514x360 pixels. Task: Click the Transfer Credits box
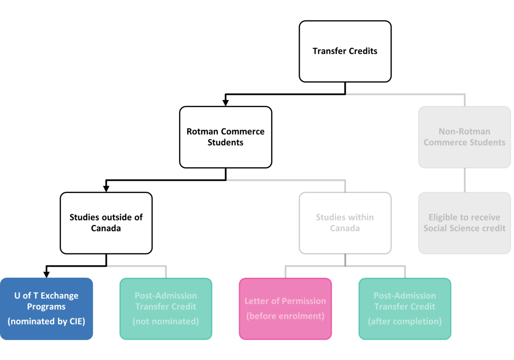345,52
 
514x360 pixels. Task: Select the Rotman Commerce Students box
225,137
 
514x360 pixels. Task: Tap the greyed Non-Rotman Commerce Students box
464,137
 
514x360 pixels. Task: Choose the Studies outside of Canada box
106,223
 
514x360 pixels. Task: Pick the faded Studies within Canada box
345,223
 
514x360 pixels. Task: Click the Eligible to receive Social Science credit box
464,223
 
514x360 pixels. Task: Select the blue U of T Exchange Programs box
47,309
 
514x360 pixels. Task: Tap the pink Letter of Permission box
285,309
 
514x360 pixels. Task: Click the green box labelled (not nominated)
166,309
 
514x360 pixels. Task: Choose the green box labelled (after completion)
405,309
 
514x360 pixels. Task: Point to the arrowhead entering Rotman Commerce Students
225,103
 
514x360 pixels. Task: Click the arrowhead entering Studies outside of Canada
106,189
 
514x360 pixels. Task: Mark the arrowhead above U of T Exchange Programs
47,275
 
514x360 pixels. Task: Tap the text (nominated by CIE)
47,321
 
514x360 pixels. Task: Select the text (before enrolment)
285,316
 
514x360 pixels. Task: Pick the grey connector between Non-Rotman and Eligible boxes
464,180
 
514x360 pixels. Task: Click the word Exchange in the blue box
59,296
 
